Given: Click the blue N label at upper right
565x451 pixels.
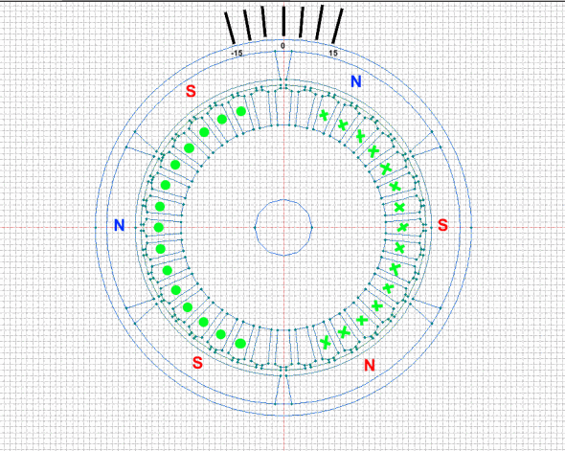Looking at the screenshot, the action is [356, 81].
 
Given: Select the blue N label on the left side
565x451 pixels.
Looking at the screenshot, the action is [120, 225].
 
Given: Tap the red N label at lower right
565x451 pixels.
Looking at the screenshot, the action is [370, 365].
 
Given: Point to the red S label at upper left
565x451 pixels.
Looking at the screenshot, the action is [191, 91].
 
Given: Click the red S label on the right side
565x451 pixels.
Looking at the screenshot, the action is [442, 225].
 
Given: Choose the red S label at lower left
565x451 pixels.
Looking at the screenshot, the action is [197, 362].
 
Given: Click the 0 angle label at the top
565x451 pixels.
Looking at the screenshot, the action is [282, 46].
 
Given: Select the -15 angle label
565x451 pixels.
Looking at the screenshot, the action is [237, 54].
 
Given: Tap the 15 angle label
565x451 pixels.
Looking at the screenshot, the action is [333, 54].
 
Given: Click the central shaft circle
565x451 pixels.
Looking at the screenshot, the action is [283, 200].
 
